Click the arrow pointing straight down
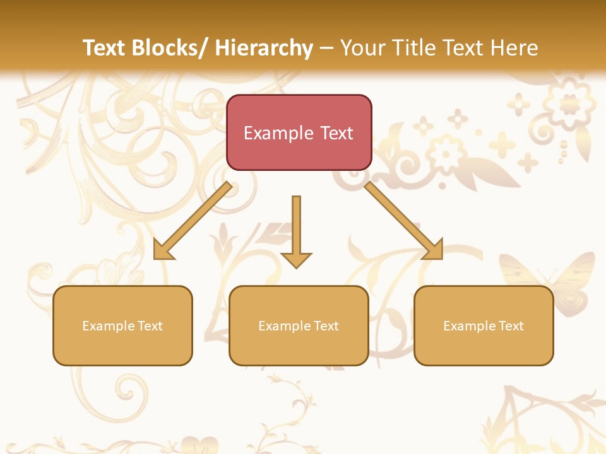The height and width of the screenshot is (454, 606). [296, 230]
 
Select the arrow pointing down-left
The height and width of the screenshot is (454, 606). [192, 221]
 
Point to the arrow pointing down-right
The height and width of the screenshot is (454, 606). [404, 221]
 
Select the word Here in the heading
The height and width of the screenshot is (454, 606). [516, 48]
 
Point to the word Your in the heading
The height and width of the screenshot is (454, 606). [362, 48]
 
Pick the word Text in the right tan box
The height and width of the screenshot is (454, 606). [511, 326]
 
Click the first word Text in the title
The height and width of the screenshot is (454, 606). [104, 48]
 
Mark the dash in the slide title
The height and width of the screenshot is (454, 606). [326, 48]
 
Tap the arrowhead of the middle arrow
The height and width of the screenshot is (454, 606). [296, 259]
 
